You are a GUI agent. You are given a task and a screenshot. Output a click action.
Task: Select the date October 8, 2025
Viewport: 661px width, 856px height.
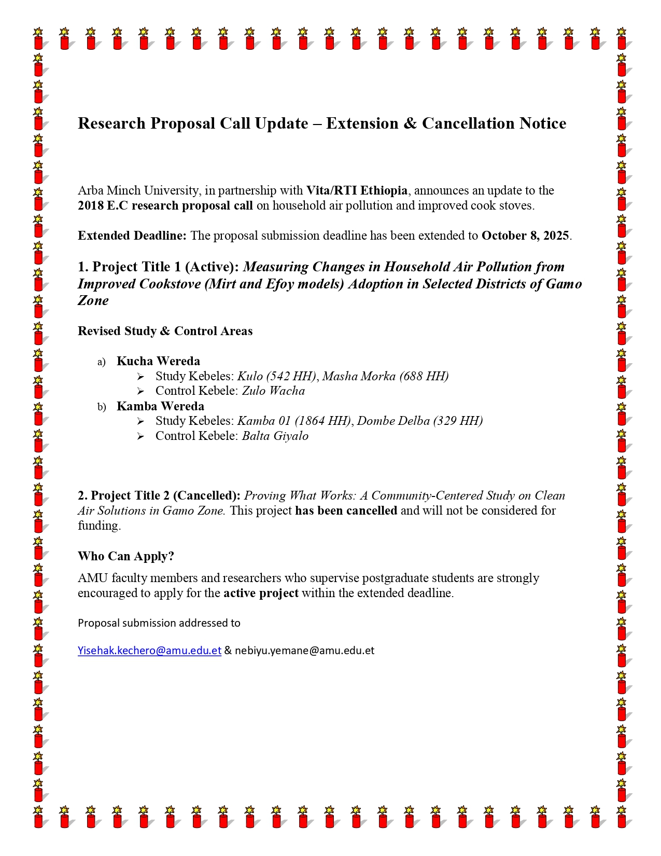(x=525, y=236)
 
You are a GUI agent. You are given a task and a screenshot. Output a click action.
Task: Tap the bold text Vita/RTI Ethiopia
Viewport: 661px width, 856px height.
(x=357, y=190)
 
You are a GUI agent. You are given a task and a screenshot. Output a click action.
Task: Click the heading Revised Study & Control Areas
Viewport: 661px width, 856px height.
(x=165, y=331)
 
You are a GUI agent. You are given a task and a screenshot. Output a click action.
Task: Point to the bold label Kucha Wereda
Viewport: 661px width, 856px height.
(x=158, y=361)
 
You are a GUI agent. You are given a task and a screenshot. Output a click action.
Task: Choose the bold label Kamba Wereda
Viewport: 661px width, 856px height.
(x=160, y=406)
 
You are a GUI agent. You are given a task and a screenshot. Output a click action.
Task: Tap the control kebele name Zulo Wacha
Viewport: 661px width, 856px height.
(x=273, y=391)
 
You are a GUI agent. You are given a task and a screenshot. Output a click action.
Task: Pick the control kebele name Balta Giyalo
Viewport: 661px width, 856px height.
(x=275, y=436)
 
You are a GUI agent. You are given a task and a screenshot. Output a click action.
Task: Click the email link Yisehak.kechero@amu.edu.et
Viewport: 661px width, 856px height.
(x=149, y=651)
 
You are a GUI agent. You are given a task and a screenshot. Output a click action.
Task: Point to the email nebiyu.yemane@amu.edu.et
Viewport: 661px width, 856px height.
(x=304, y=651)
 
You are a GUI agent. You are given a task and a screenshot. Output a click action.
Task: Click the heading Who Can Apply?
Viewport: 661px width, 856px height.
(x=126, y=556)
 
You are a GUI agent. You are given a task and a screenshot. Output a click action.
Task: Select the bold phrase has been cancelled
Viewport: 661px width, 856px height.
(x=346, y=510)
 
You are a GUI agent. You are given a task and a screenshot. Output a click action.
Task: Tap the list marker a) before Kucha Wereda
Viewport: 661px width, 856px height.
(x=101, y=362)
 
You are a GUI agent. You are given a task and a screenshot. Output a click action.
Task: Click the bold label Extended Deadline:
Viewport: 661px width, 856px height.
(x=132, y=236)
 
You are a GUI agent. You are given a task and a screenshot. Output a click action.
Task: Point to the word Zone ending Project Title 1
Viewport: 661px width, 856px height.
(x=93, y=300)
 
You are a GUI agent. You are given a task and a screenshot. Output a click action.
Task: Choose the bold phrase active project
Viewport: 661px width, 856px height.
(x=261, y=593)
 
